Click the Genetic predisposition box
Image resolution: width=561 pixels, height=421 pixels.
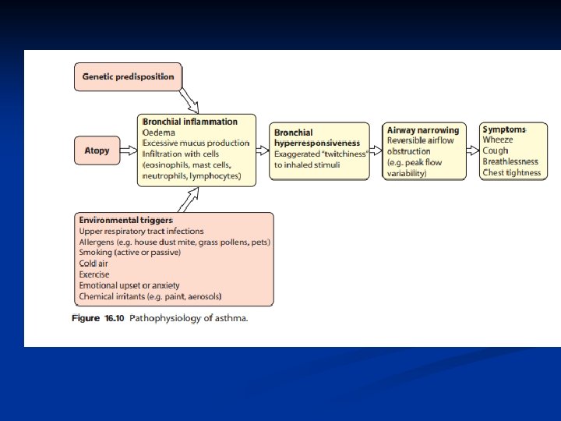click(x=129, y=77)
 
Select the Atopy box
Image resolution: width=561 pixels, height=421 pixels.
click(x=97, y=150)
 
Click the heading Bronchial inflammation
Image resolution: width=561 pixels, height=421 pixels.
click(x=190, y=122)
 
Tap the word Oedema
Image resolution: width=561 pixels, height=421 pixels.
click(x=159, y=133)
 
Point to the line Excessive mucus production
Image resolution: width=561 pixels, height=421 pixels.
click(x=196, y=143)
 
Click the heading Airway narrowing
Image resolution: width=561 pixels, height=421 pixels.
click(x=423, y=129)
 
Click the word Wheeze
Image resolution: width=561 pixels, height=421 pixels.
click(x=497, y=140)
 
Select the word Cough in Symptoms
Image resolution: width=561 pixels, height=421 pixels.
click(x=496, y=150)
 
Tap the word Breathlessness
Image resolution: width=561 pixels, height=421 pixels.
click(x=510, y=161)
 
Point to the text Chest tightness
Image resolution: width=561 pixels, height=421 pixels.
click(x=511, y=172)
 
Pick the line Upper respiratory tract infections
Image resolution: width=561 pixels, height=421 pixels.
click(x=141, y=232)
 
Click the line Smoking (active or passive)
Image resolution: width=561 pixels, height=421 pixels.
click(x=129, y=253)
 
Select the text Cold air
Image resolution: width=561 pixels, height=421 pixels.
click(x=93, y=264)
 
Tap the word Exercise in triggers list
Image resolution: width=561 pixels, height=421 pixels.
click(x=94, y=274)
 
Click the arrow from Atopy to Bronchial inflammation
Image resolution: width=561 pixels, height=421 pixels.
click(x=127, y=150)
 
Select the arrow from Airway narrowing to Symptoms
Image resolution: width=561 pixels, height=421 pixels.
click(x=472, y=150)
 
